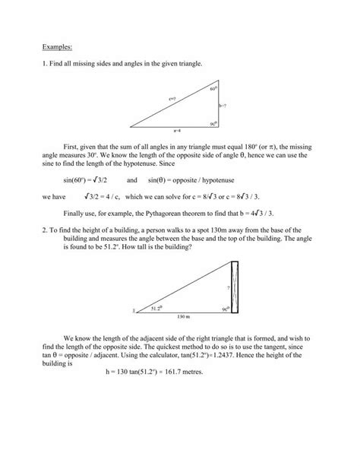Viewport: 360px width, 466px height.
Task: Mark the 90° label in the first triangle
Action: click(x=214, y=122)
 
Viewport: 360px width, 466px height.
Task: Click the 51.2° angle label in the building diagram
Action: click(x=156, y=309)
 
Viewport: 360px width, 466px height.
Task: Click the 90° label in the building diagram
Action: click(x=225, y=309)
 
